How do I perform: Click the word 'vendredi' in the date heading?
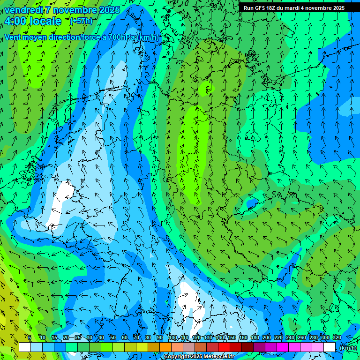23,10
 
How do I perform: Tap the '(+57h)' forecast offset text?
81,21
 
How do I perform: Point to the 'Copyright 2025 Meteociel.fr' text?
199,357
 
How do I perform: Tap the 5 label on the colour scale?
30,337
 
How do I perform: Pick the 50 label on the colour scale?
112,337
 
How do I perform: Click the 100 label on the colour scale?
172,337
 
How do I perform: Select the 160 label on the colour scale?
243,337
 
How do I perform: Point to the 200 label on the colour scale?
266,337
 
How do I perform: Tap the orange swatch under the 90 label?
165,347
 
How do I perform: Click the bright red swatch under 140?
224,347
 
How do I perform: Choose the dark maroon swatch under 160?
247,347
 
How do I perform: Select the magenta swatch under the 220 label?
283,347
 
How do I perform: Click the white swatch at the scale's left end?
25,347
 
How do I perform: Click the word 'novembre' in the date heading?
72,10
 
